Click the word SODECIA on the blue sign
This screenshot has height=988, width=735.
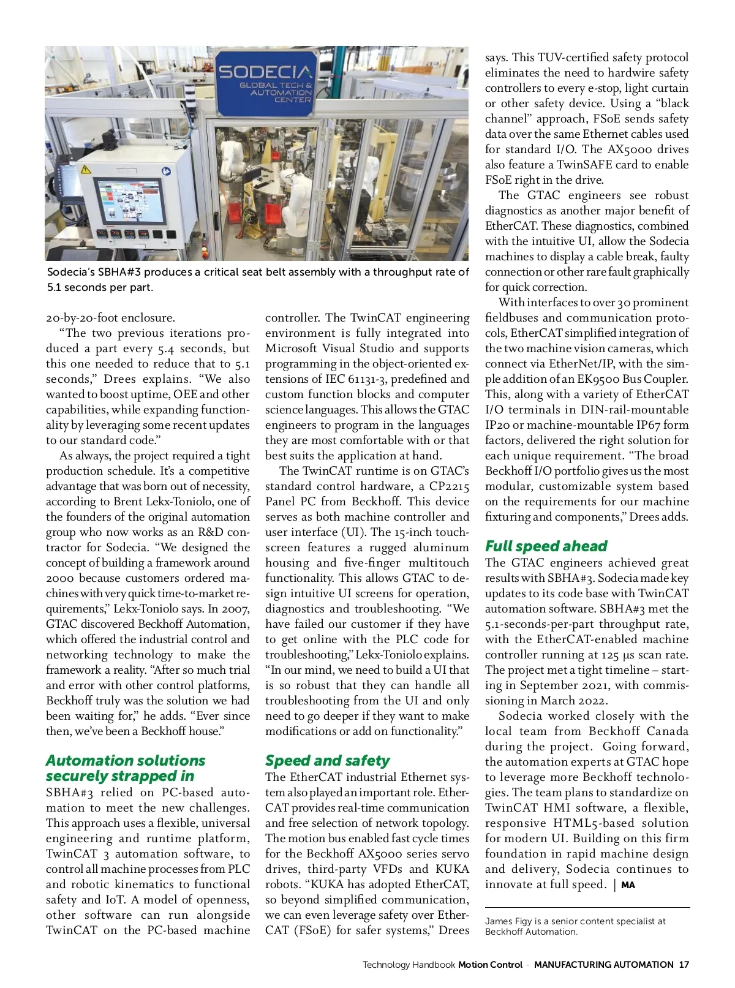(x=266, y=72)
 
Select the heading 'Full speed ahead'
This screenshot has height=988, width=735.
(x=546, y=546)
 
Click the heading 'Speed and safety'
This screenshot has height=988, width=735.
(x=327, y=760)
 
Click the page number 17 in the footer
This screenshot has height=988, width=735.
(x=684, y=965)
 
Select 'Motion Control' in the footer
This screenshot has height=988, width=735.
(x=490, y=965)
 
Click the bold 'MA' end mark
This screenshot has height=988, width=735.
(x=628, y=885)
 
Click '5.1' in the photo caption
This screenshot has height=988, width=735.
(x=55, y=287)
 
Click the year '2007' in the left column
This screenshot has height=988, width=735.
(x=235, y=609)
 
